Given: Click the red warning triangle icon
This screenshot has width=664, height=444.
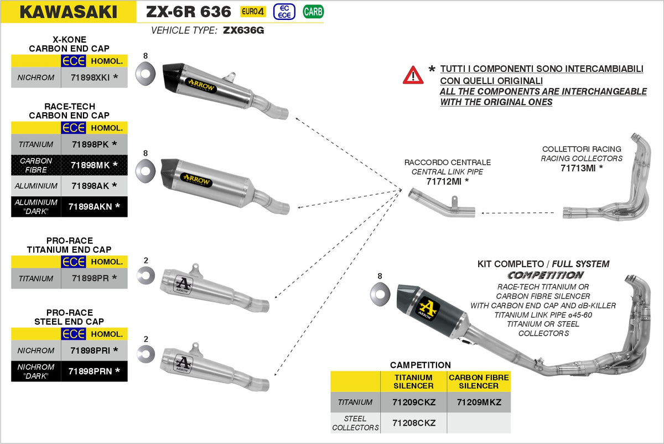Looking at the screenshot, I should point(413,75).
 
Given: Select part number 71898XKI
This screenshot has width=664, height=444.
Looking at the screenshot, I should point(91,77).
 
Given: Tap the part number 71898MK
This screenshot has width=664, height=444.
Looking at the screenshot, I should point(91,165).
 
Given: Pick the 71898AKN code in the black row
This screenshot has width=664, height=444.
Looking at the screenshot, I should point(91,206).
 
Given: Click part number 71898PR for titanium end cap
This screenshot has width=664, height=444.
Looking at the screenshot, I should point(91,278).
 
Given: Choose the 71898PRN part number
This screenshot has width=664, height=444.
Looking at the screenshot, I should point(91,371).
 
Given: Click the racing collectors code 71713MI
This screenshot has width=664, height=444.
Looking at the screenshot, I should point(578,168).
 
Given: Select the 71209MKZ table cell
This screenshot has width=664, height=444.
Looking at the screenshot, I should point(479,402).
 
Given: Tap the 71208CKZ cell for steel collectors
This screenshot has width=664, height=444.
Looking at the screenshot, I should point(414,424).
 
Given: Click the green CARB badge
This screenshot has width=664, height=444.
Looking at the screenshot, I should point(313,12).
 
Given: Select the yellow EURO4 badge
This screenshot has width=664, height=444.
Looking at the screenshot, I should point(253,12).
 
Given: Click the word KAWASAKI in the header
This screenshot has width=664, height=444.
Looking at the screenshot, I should point(68,12).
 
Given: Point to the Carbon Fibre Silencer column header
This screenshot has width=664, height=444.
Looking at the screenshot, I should point(479,382).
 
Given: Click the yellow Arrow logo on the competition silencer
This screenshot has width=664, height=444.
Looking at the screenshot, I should point(427,306).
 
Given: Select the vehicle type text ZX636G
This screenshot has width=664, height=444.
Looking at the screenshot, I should point(243,30).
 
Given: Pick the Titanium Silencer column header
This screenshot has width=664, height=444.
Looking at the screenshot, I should point(414,382).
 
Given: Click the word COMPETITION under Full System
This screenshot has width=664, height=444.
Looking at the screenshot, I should point(545,275).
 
